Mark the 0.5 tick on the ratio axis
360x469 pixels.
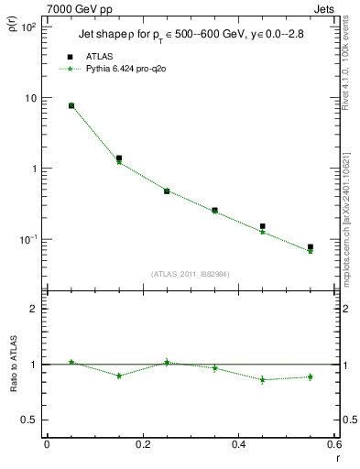tap(29, 420)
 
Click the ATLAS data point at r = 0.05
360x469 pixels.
tap(71, 105)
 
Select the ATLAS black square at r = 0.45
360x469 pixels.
tap(262, 225)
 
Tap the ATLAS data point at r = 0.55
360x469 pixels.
tap(311, 246)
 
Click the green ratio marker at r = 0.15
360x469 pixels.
tap(118, 376)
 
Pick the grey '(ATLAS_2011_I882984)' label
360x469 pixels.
tap(191, 273)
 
